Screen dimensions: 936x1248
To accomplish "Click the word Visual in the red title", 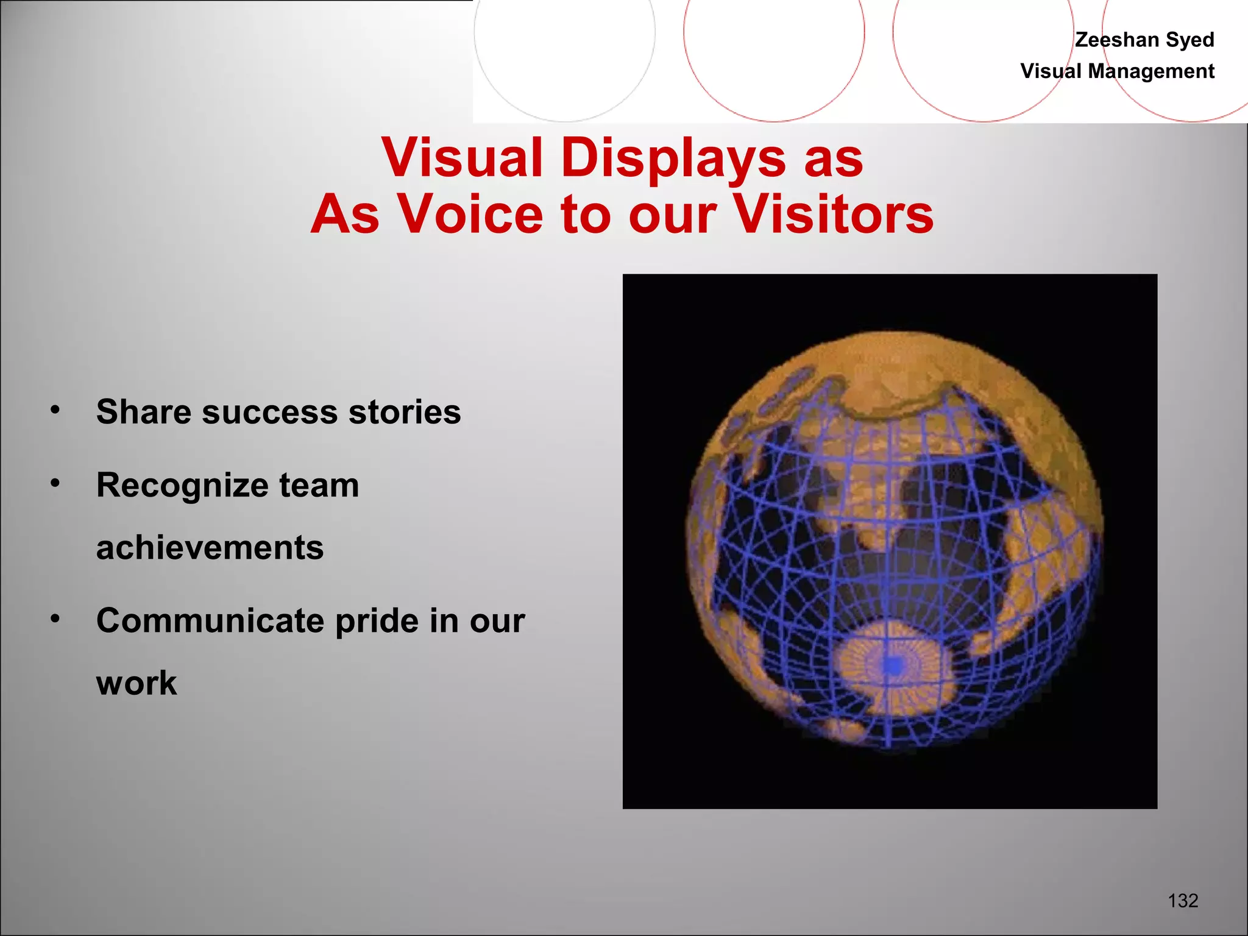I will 461,158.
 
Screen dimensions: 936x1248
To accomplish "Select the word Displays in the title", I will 673,158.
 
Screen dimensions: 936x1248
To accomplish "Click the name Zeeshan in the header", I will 1116,40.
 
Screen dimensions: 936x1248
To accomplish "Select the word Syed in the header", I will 1189,40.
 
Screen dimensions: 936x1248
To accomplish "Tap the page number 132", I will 1183,901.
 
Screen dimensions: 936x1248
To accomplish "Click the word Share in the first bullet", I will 144,412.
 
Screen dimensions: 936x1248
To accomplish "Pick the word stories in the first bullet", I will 405,412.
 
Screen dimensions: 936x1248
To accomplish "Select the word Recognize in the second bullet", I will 182,486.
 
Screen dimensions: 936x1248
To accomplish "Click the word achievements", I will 210,547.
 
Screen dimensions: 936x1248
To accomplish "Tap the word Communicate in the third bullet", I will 210,621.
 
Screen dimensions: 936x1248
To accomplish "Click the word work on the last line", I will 136,683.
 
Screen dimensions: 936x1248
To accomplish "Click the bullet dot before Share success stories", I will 55,409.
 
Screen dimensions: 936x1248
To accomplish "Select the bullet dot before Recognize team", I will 55,483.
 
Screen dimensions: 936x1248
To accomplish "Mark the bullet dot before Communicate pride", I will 55,619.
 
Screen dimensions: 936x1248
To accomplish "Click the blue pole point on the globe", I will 893,665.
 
